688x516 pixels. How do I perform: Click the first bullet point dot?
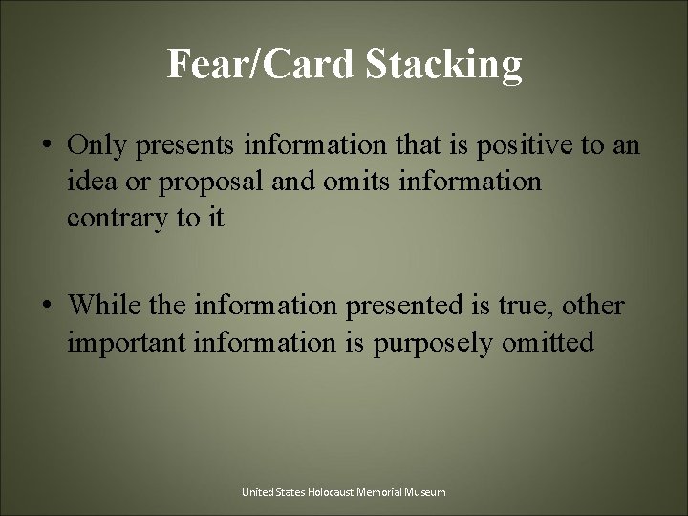pos(46,146)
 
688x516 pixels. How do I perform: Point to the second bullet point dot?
pos(46,307)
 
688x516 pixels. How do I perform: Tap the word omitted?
pos(550,342)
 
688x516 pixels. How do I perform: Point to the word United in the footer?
pos(256,492)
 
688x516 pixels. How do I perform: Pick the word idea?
pos(91,182)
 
